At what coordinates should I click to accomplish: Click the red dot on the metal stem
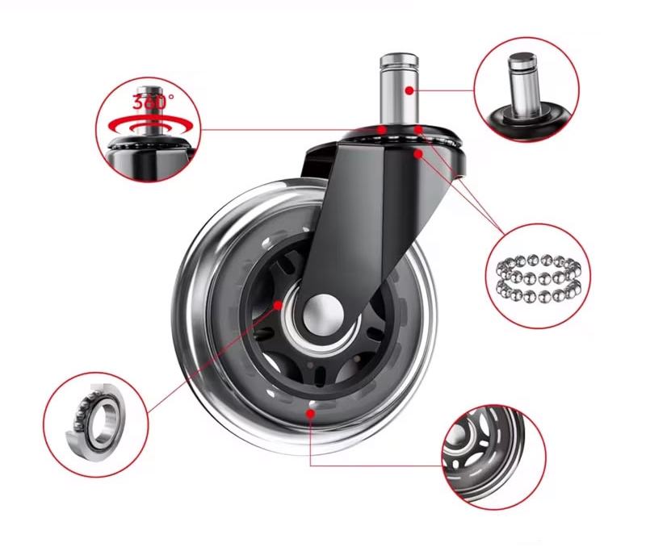click(409, 90)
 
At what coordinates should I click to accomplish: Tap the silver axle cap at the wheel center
click(324, 315)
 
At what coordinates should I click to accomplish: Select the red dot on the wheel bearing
click(278, 305)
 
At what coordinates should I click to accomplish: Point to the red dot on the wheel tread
click(311, 413)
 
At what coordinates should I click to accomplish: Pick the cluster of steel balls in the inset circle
click(539, 278)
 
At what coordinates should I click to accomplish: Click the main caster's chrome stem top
click(399, 60)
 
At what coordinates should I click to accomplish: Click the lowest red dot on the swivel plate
click(418, 154)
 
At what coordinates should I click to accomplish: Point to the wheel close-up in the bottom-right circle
click(486, 455)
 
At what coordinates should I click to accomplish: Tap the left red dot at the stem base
click(382, 130)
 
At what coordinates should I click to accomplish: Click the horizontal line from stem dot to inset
click(443, 90)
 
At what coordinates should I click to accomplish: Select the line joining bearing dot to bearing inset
click(212, 358)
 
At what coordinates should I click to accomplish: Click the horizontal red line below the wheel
click(375, 465)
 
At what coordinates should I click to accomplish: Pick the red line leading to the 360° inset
click(290, 130)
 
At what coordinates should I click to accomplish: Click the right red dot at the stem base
click(418, 130)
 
